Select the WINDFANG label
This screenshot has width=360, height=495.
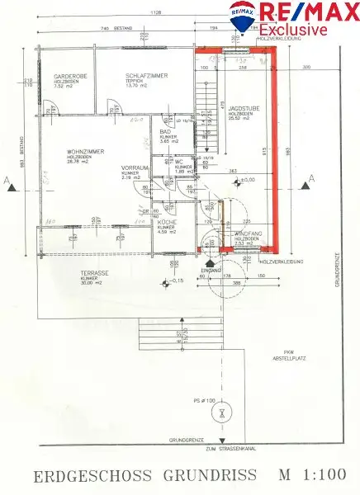point(248,234)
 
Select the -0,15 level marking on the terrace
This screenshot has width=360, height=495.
point(177,281)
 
